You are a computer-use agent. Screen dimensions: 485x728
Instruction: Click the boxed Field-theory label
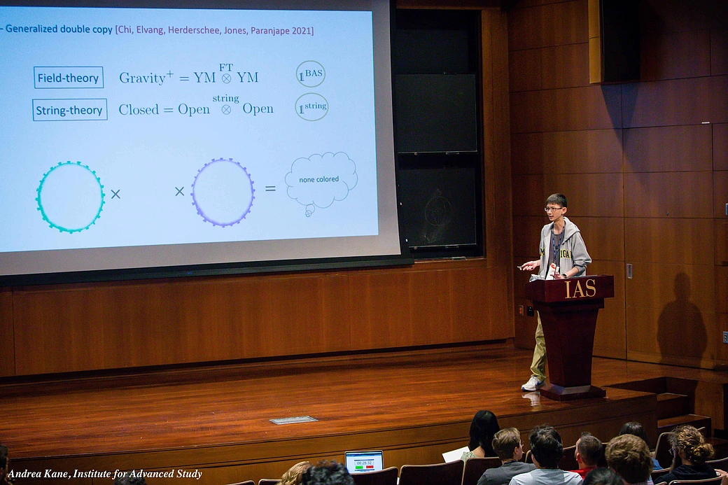pyautogui.click(x=69, y=78)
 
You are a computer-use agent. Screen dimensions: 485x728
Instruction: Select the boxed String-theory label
pyautogui.click(x=70, y=110)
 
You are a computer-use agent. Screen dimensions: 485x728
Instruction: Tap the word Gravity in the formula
pyautogui.click(x=142, y=78)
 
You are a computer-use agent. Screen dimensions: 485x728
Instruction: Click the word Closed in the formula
pyautogui.click(x=139, y=109)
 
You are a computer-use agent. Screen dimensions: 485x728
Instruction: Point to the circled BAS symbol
pyautogui.click(x=310, y=74)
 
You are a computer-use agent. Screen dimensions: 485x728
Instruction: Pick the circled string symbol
pyautogui.click(x=311, y=107)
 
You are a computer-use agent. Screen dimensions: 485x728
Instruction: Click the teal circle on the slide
pyautogui.click(x=70, y=197)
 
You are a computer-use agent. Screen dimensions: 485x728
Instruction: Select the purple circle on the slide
pyautogui.click(x=223, y=192)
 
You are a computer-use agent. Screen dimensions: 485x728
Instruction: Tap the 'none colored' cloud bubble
pyautogui.click(x=321, y=181)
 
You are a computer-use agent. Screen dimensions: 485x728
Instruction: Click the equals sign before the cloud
pyautogui.click(x=270, y=189)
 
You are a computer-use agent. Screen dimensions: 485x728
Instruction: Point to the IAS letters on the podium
pyautogui.click(x=580, y=288)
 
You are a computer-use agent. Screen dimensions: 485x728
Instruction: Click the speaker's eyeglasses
pyautogui.click(x=554, y=209)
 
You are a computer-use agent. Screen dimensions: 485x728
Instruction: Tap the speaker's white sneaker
pyautogui.click(x=532, y=384)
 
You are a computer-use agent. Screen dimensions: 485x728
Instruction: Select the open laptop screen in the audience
pyautogui.click(x=364, y=461)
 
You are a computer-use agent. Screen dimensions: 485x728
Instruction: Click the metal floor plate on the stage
pyautogui.click(x=293, y=420)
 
